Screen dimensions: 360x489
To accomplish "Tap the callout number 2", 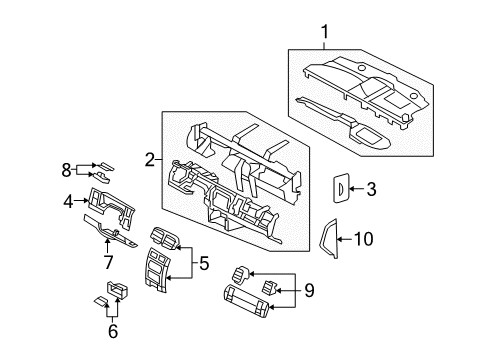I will (149, 158).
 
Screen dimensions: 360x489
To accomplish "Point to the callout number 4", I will (68, 201).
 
